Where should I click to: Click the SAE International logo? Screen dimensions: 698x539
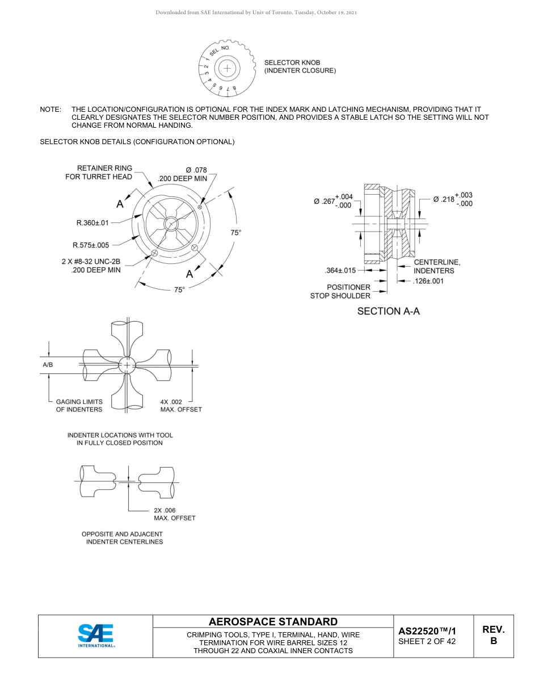tap(96, 636)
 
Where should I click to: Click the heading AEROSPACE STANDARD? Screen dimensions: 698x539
tap(273, 622)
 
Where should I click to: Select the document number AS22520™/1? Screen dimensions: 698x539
tap(427, 631)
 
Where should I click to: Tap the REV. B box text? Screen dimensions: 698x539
tap(493, 636)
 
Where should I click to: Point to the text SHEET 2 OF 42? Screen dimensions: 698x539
tap(427, 642)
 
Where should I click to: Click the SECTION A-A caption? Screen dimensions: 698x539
tap(388, 311)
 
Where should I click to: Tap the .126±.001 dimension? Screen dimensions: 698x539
tap(428, 281)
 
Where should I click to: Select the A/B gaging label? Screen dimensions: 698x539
tap(48, 365)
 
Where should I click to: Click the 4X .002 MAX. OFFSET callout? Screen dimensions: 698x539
tap(180, 405)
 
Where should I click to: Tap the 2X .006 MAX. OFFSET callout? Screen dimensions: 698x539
tap(174, 514)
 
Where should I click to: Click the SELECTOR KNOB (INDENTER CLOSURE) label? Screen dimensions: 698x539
tap(300, 66)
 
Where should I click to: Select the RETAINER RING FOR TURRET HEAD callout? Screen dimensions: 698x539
tap(99, 172)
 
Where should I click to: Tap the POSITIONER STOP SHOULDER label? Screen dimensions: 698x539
tap(340, 291)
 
